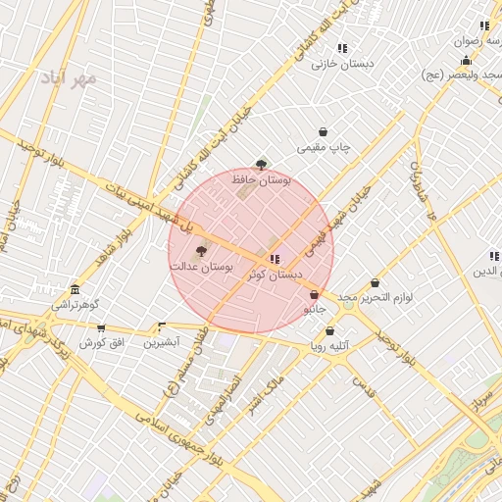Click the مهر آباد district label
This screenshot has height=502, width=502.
click(x=70, y=76)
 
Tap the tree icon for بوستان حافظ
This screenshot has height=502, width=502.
click(x=260, y=165)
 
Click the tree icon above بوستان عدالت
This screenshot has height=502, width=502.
click(x=202, y=251)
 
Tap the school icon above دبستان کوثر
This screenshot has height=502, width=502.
click(x=274, y=259)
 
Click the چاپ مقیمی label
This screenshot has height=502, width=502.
click(x=324, y=147)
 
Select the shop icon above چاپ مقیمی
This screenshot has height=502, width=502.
click(x=324, y=132)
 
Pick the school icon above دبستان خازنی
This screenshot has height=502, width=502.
click(x=341, y=48)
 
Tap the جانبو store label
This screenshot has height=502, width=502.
click(x=314, y=309)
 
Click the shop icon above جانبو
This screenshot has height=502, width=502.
click(x=314, y=294)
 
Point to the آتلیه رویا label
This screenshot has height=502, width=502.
click(x=331, y=345)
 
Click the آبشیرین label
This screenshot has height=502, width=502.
click(x=162, y=342)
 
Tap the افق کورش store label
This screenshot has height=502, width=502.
click(x=99, y=342)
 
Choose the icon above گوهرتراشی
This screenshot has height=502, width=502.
click(x=75, y=290)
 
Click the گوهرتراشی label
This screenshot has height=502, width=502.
click(x=75, y=306)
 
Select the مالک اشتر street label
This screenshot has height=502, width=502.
click(x=267, y=389)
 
